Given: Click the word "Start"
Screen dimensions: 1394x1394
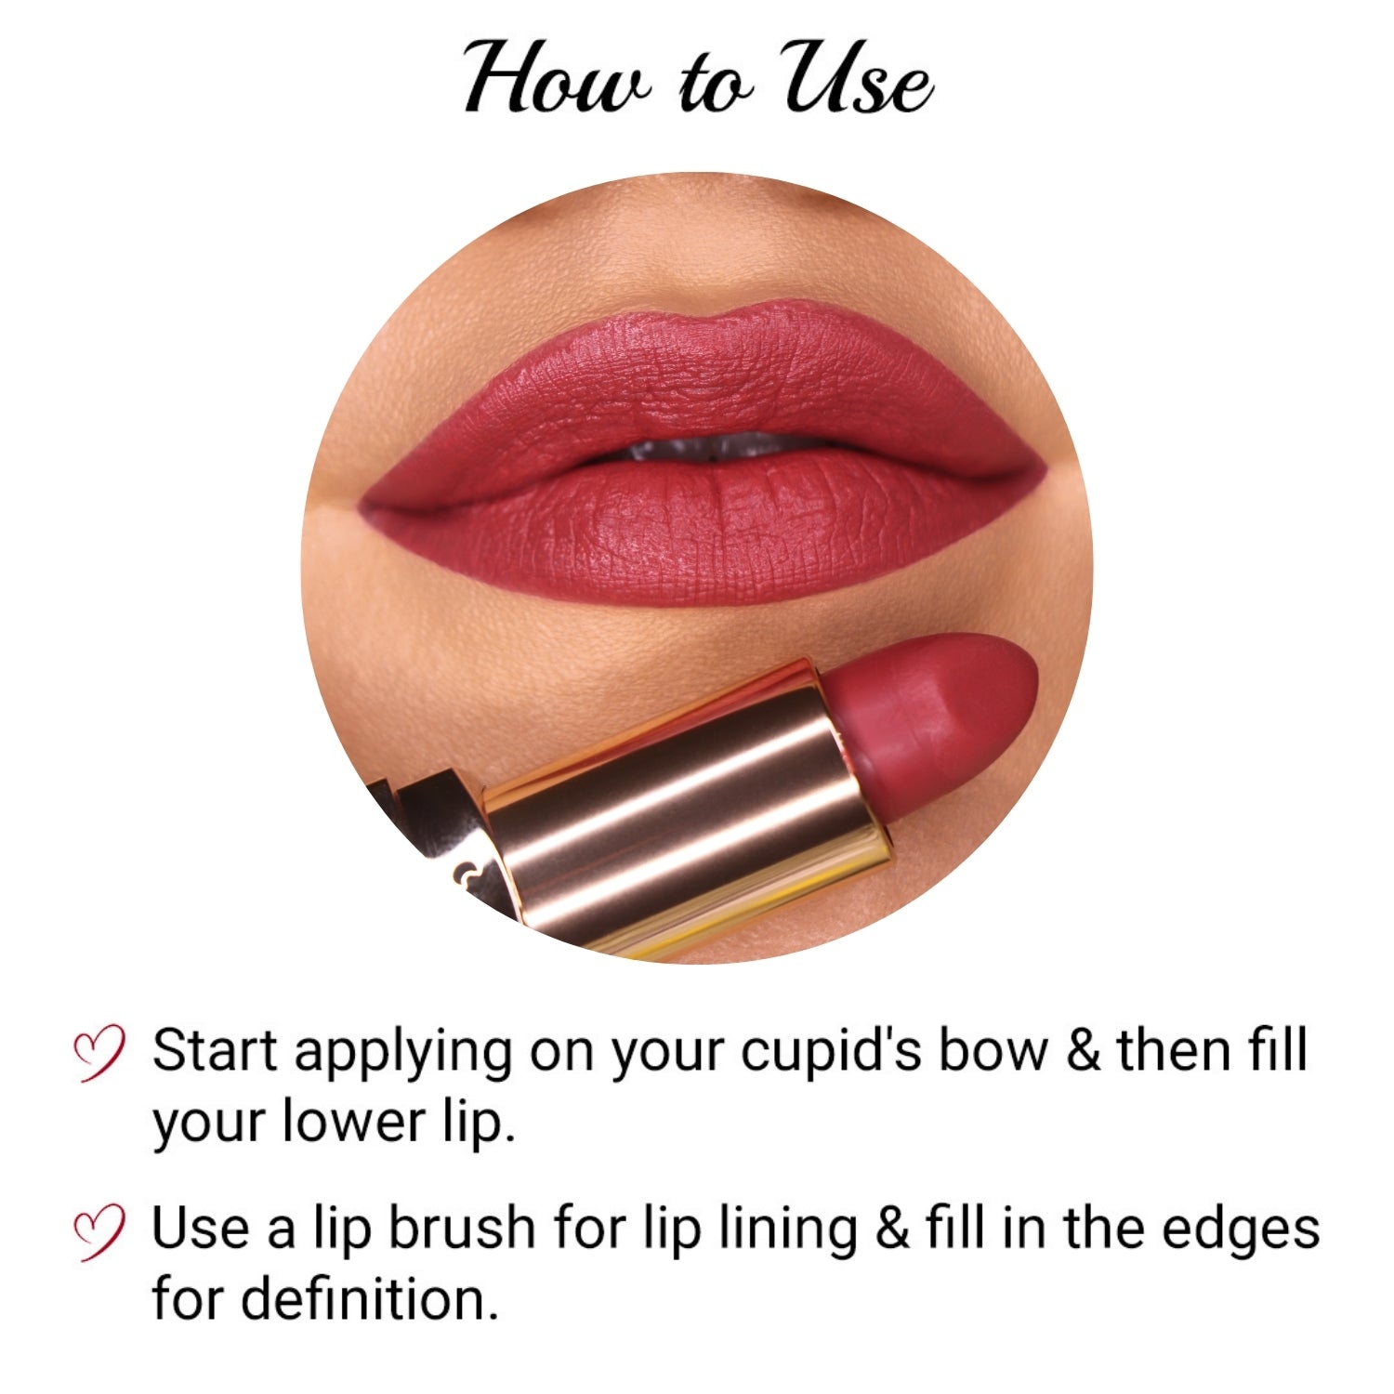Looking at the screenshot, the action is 216,1051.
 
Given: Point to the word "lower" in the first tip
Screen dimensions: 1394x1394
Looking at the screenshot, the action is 353,1121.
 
